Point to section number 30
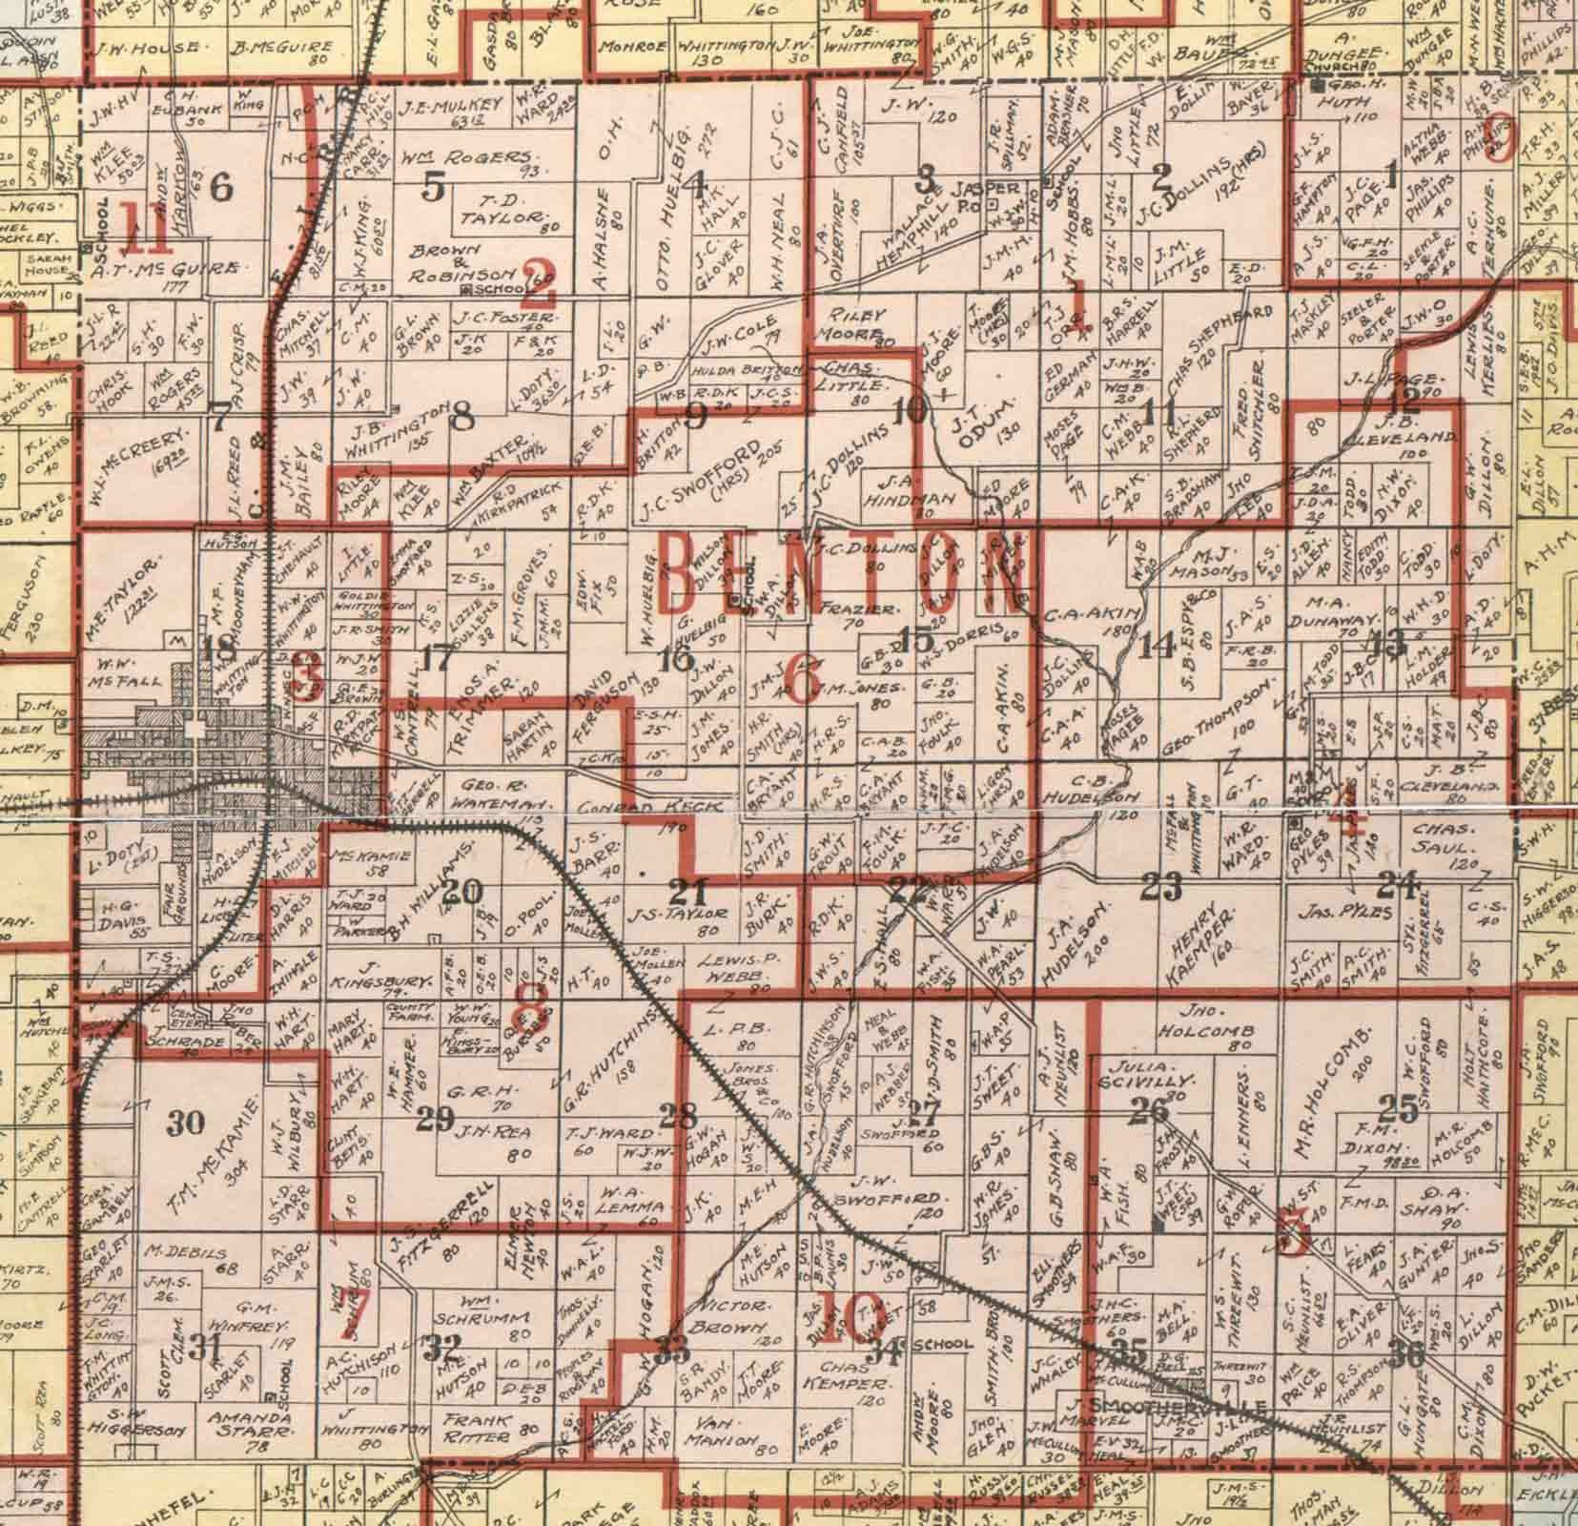[185, 1122]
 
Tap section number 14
[1157, 646]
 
